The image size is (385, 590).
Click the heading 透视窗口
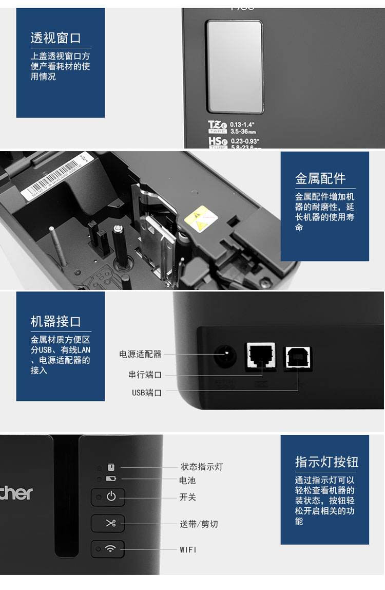55,38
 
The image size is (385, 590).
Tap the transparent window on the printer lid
235,66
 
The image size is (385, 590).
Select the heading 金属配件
320,178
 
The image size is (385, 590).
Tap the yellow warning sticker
201,216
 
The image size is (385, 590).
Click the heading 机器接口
55,322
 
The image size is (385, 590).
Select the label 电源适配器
140,354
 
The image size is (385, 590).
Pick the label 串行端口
145,375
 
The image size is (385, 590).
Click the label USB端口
147,393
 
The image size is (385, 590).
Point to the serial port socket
261,355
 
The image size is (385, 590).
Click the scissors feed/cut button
108,524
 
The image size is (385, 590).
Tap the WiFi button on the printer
108,549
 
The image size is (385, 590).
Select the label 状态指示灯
202,467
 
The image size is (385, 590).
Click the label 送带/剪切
199,524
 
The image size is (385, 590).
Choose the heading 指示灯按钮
326,462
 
